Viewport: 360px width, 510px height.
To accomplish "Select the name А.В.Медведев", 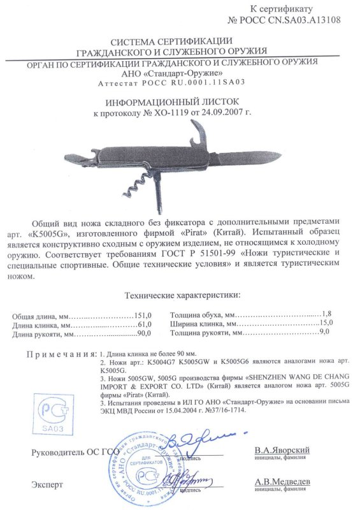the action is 282,483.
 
